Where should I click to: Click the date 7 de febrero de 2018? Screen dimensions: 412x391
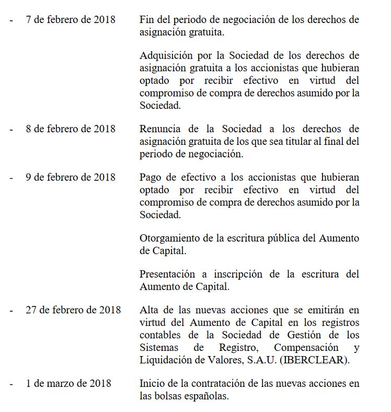pos(71,20)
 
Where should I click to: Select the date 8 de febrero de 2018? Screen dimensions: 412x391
pos(71,129)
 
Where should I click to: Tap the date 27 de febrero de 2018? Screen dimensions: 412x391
pos(73,310)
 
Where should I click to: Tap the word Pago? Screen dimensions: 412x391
pos(151,177)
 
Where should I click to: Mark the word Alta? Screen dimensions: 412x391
pos(149,310)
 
